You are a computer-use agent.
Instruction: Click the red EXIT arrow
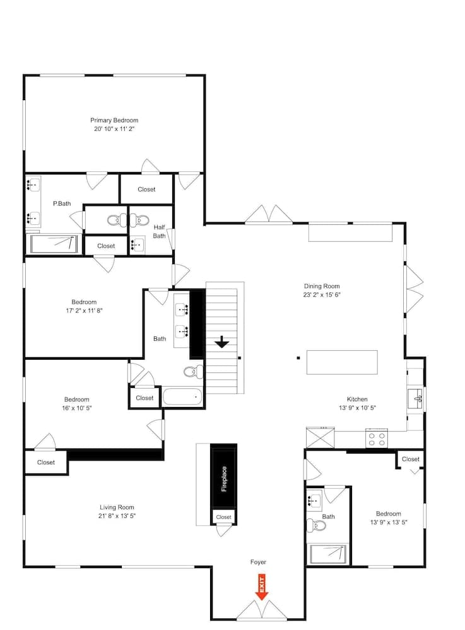(261, 587)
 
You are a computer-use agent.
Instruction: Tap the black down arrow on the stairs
(221, 342)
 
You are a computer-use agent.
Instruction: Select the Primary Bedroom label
(114, 120)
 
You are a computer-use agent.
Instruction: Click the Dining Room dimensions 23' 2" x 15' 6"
(322, 294)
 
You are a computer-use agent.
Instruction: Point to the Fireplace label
(224, 479)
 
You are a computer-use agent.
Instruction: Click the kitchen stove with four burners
(377, 438)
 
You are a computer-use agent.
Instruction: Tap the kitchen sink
(415, 399)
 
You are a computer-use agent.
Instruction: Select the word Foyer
(258, 562)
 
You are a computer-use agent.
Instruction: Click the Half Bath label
(159, 231)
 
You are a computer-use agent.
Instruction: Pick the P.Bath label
(62, 203)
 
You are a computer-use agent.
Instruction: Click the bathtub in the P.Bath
(54, 244)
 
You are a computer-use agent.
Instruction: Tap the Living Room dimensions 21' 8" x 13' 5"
(117, 516)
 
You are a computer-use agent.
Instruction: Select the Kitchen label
(357, 399)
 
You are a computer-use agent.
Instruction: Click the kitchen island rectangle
(342, 362)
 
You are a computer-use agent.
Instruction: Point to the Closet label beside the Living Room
(46, 462)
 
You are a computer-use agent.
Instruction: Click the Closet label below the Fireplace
(223, 517)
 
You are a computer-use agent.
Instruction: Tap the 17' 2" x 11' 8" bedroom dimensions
(84, 311)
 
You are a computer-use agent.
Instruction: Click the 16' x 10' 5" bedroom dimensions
(77, 408)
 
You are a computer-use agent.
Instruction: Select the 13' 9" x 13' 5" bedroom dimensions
(389, 522)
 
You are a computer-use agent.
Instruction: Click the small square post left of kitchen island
(298, 358)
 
